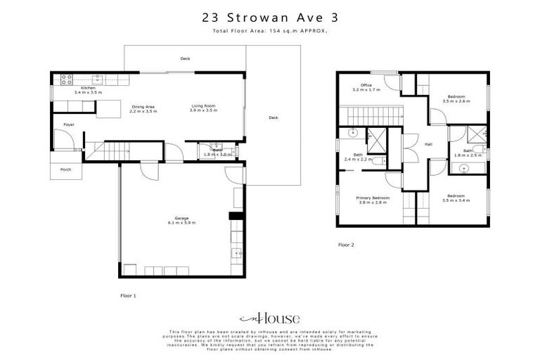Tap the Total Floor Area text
269,32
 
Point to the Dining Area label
144,107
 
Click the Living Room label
203,107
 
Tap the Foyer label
69,124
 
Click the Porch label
65,169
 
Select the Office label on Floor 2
366,85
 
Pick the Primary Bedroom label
371,198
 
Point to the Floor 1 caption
128,296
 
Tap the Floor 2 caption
346,245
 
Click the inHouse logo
269,319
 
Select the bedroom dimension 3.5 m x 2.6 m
456,101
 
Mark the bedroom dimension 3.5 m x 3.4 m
456,200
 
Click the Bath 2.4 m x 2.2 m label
359,157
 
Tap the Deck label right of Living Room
273,117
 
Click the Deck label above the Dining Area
185,58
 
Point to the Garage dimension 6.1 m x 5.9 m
181,222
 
